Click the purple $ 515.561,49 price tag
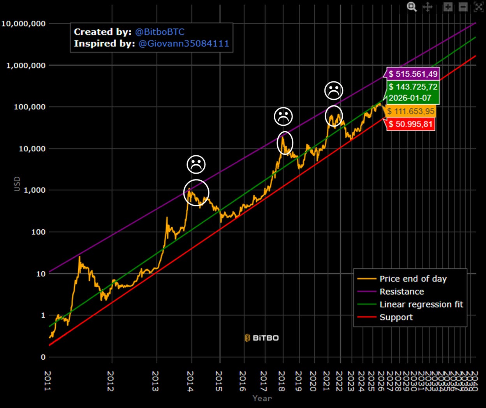pos(413,74)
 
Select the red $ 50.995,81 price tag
pos(410,124)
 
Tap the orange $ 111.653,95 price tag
pos(410,111)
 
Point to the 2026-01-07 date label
pos(410,98)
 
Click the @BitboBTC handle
pos(160,32)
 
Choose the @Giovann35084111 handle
pos(184,44)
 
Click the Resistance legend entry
pos(401,292)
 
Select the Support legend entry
pos(396,317)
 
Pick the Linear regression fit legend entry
pos(421,304)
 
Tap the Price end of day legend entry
pos(413,279)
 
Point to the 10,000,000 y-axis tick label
pos(23,24)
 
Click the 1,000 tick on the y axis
pos(35,190)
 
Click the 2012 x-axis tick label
pos(111,381)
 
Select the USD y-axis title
pos(17,184)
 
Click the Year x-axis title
pos(262,398)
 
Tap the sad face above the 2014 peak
pos(196,164)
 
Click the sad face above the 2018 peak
pos(283,116)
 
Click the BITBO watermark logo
pos(262,338)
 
